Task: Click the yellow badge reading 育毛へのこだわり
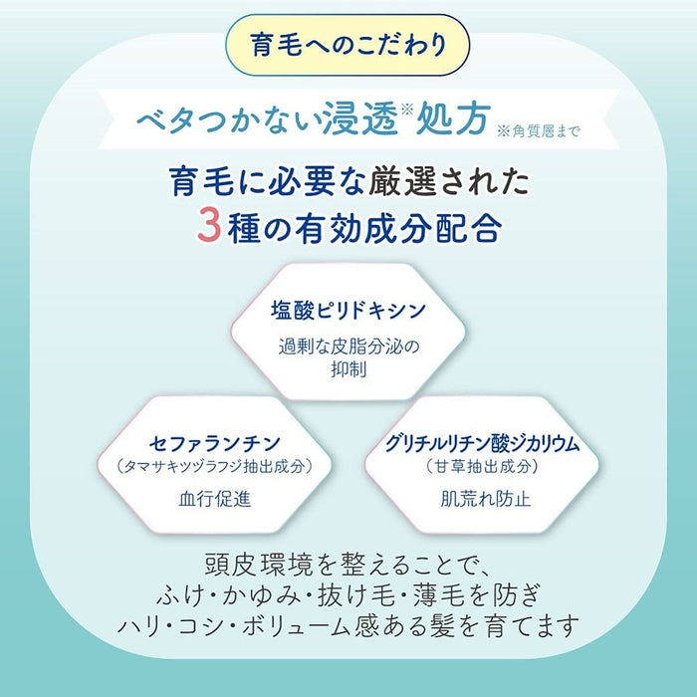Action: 348,45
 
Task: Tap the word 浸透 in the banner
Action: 359,118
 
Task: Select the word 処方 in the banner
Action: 453,118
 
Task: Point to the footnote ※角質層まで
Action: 539,131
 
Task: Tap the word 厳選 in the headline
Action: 403,181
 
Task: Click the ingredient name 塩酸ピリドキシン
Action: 348,310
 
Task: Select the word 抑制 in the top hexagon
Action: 348,369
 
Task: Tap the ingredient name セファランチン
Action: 215,443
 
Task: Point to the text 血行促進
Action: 215,499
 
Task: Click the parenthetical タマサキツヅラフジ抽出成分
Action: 215,466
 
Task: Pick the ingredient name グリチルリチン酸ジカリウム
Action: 482,443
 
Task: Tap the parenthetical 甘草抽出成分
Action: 482,466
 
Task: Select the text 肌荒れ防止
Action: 486,499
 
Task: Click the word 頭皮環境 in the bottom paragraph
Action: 259,565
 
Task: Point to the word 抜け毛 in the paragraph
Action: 356,594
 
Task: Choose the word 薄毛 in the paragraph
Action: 439,594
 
